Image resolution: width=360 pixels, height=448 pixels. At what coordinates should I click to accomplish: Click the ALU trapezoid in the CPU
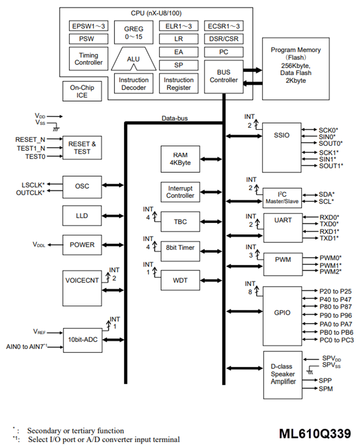click(133, 59)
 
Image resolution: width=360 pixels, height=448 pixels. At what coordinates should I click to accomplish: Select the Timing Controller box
click(88, 59)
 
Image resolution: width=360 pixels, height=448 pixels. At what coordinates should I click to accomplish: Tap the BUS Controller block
click(224, 76)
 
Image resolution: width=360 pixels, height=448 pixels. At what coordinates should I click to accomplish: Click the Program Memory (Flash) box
click(295, 65)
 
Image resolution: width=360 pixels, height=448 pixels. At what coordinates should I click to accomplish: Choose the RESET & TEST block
click(83, 147)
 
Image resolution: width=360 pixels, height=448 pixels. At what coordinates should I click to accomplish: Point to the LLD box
click(82, 215)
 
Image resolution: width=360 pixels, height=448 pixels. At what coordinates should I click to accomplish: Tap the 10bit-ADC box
click(82, 340)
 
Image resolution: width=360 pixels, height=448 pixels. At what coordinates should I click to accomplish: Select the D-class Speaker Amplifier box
click(283, 374)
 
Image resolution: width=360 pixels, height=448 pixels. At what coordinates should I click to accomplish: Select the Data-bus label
click(175, 118)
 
